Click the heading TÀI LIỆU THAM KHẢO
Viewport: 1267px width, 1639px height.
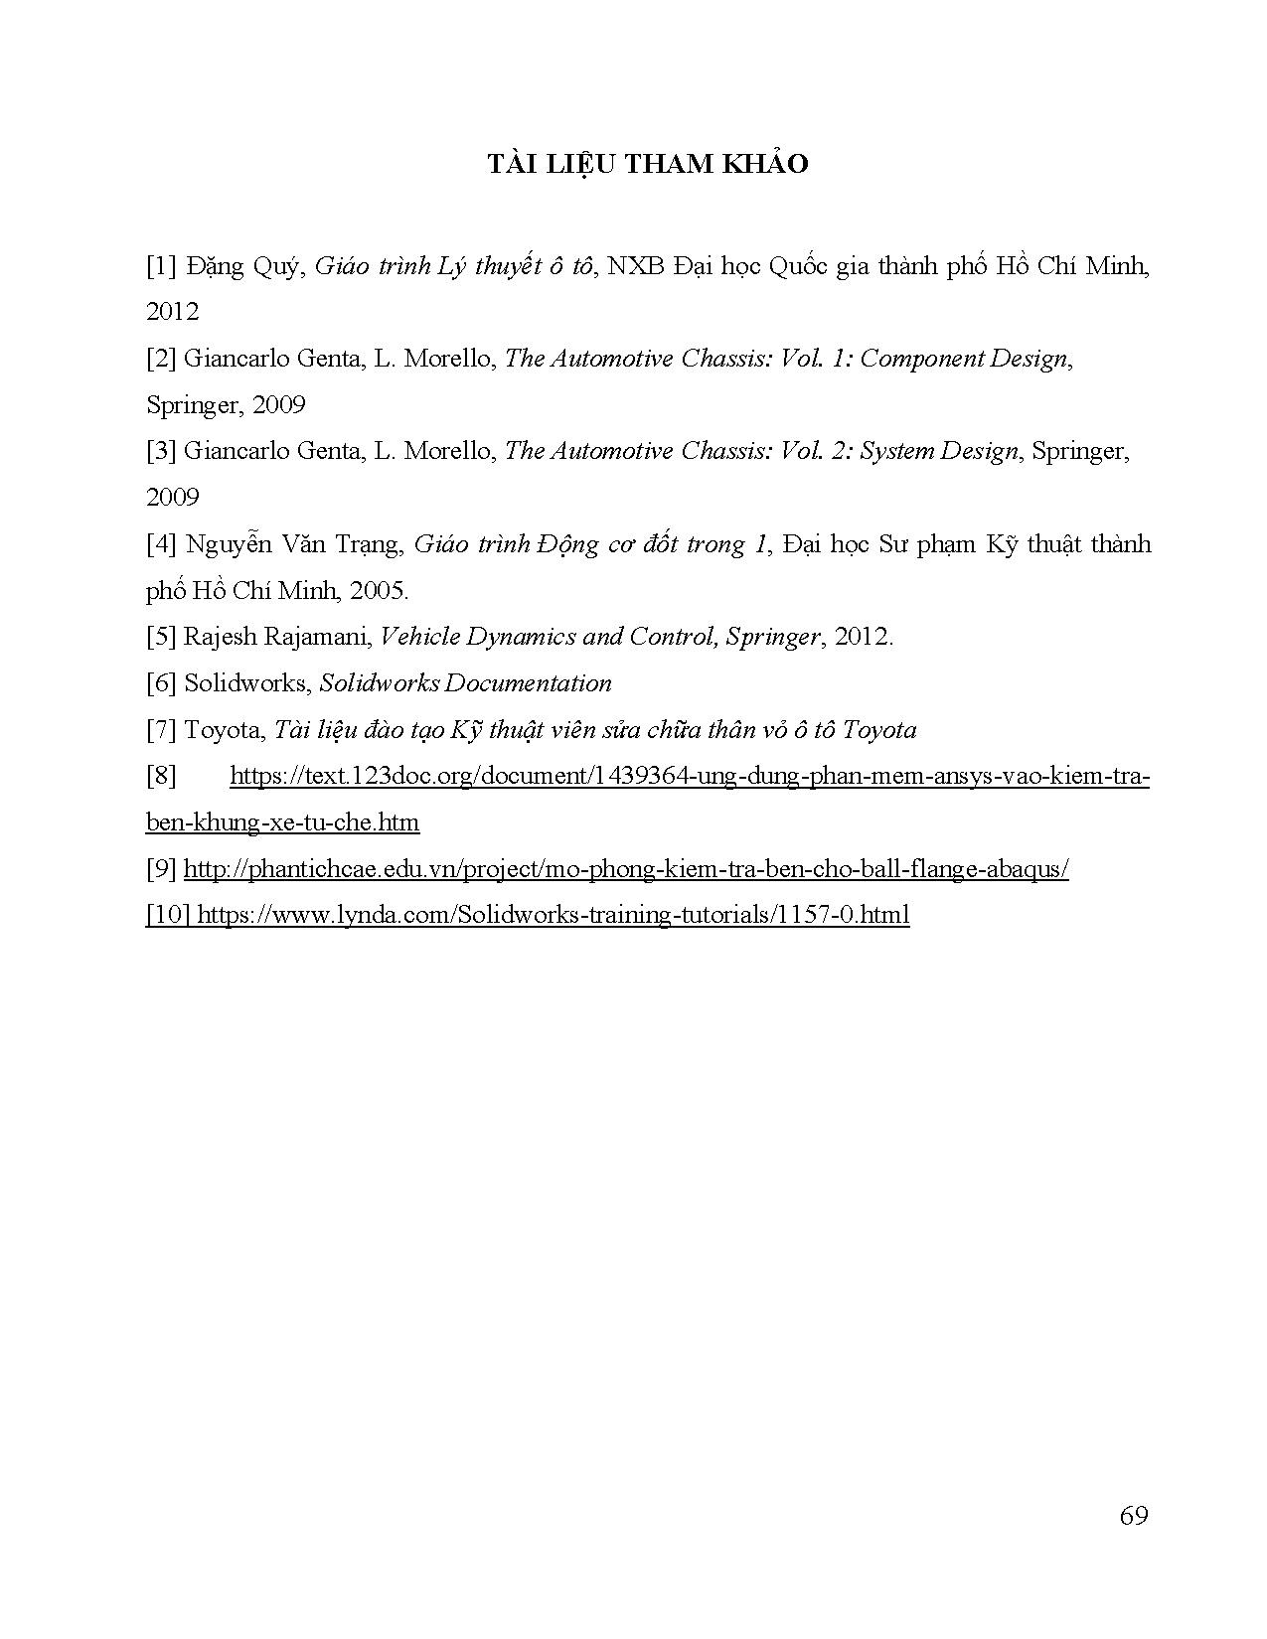[647, 165]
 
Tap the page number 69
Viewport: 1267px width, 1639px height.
[1133, 1516]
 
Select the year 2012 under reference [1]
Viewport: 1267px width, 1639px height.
[172, 312]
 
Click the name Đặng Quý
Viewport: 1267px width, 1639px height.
[241, 266]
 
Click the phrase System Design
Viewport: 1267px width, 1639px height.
[939, 451]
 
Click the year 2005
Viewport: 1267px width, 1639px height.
[379, 591]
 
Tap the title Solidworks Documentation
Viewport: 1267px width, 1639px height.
[465, 683]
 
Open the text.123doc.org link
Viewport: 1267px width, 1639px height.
[689, 776]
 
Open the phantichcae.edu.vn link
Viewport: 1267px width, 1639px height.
[626, 869]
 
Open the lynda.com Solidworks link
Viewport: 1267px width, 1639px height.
[553, 915]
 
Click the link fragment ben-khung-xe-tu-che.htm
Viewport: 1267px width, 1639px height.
[282, 822]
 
